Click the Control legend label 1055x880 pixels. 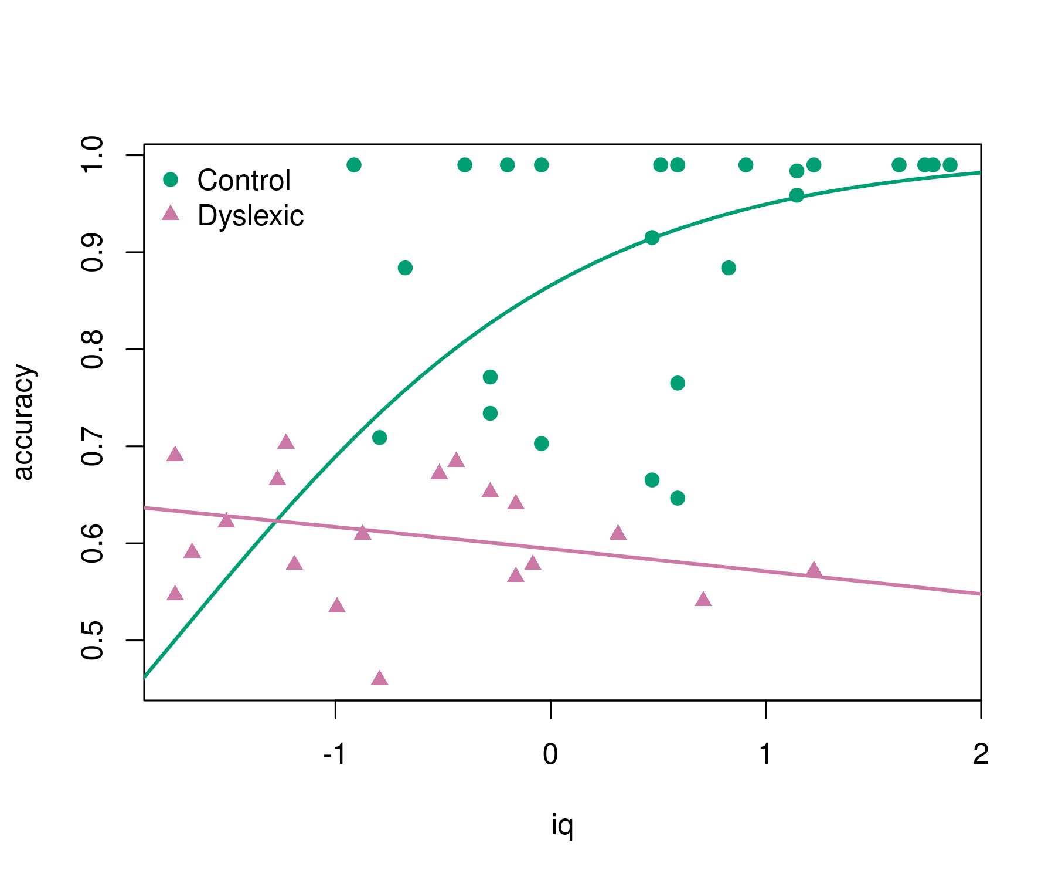click(x=244, y=181)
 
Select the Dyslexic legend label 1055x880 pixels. click(x=251, y=216)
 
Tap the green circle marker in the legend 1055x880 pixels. click(x=171, y=180)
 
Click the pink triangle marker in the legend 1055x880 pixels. click(x=171, y=214)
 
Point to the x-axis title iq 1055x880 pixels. click(x=562, y=825)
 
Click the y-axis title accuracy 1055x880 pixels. click(x=25, y=422)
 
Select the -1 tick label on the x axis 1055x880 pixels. click(x=335, y=754)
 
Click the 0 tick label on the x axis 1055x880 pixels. click(x=550, y=754)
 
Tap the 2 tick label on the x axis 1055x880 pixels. click(x=981, y=754)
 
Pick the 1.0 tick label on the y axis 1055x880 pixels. click(x=92, y=155)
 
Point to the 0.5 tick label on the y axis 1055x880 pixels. click(x=92, y=641)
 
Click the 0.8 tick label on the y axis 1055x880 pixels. click(x=92, y=350)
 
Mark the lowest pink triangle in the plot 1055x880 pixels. click(x=380, y=679)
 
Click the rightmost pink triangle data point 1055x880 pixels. click(x=814, y=570)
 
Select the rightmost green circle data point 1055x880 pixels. click(x=950, y=165)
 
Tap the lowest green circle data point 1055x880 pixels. click(x=678, y=498)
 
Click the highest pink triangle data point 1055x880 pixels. click(x=286, y=442)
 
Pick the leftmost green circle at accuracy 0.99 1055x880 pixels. click(x=354, y=165)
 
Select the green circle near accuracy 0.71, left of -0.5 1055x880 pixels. click(x=380, y=438)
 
